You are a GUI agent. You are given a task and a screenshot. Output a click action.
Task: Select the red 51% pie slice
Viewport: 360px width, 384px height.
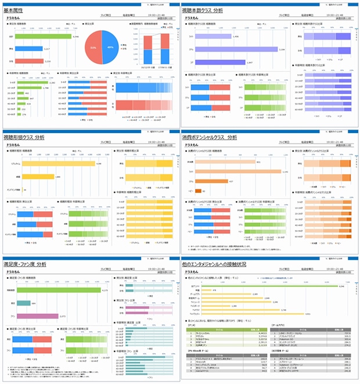click(x=95, y=47)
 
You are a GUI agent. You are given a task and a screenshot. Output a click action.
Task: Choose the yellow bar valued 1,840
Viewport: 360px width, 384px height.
click(x=35, y=177)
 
